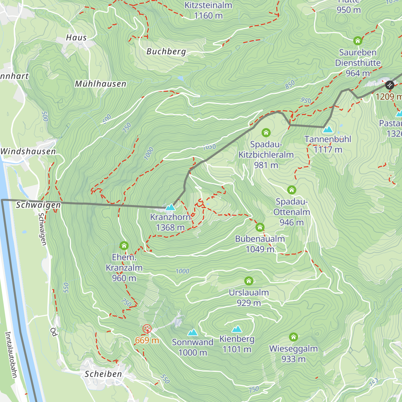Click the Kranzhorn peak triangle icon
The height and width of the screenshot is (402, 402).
click(171, 207)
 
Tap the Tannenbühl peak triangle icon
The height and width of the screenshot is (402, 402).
click(328, 129)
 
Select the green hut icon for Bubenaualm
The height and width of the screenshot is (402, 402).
click(260, 227)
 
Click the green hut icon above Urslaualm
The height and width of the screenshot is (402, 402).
click(249, 281)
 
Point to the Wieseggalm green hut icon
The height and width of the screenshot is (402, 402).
click(293, 337)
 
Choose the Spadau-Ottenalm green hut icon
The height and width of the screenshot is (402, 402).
click(292, 190)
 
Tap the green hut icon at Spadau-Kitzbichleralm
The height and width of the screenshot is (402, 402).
click(266, 133)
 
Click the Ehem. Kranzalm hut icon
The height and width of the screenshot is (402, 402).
click(124, 246)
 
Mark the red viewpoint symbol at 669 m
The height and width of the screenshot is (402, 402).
click(147, 329)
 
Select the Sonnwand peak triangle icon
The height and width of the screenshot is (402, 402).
click(192, 332)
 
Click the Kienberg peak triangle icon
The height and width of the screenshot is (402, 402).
click(237, 329)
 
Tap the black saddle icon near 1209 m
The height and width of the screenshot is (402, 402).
click(389, 85)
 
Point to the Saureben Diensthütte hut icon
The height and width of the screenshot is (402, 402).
click(358, 41)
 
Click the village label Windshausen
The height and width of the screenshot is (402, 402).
click(28, 151)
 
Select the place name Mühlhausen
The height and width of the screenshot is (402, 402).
click(100, 84)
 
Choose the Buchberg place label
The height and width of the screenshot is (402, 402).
click(166, 52)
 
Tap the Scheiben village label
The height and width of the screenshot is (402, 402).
click(103, 374)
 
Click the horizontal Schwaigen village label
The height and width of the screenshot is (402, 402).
click(39, 205)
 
